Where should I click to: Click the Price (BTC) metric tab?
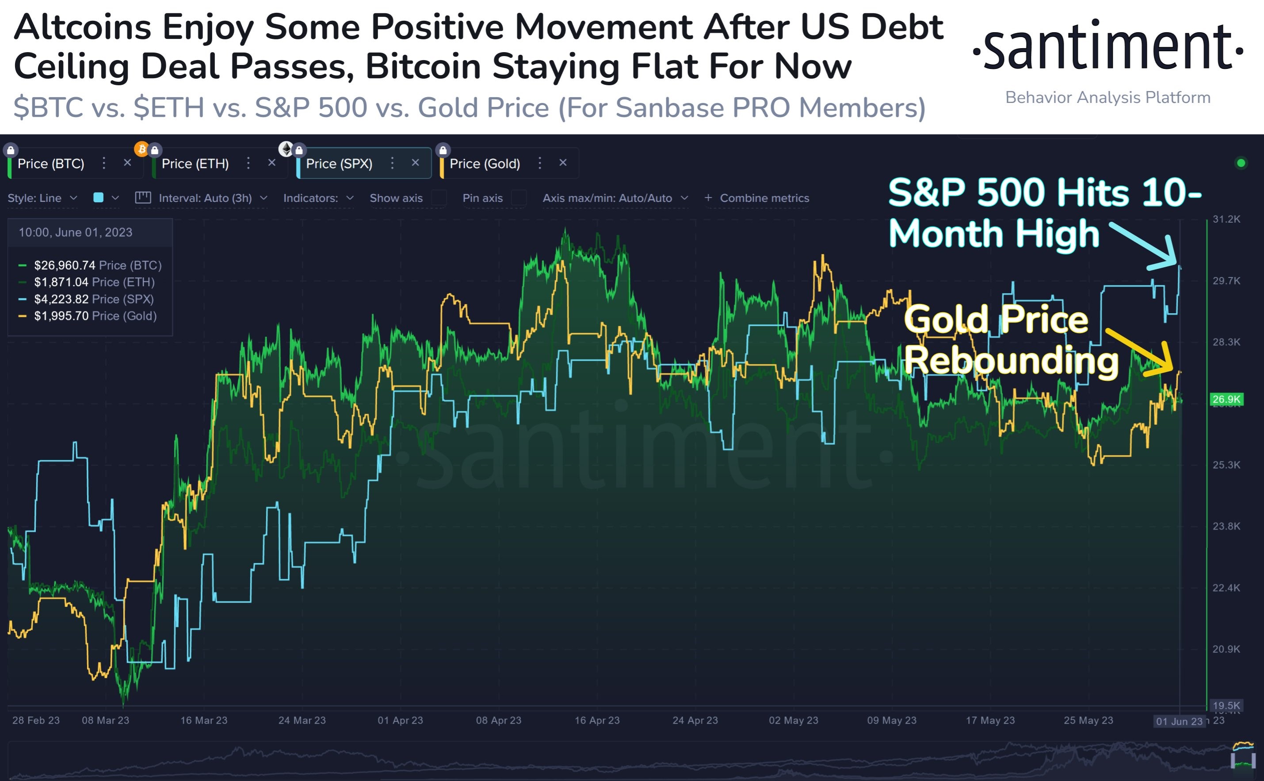click(x=51, y=164)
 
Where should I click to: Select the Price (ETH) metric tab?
click(x=195, y=164)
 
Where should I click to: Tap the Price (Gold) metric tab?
click(x=485, y=164)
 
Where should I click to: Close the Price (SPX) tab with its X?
click(x=415, y=163)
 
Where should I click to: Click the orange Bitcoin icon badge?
click(x=141, y=149)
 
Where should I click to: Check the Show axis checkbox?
click(x=439, y=198)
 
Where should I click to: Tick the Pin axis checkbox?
click(x=519, y=198)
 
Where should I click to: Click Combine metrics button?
click(x=757, y=198)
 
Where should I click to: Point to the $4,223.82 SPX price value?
click(x=61, y=299)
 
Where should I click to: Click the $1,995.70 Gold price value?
click(x=61, y=316)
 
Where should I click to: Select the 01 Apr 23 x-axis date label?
click(x=400, y=720)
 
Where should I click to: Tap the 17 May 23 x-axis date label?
click(x=990, y=720)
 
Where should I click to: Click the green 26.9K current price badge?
click(x=1226, y=399)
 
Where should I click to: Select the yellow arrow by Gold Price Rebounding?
click(x=1140, y=351)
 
